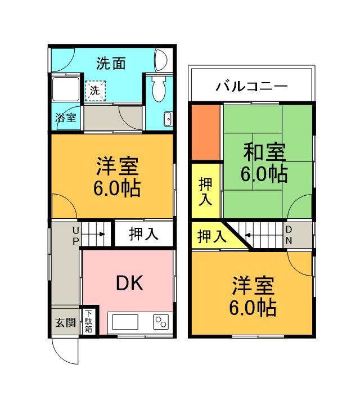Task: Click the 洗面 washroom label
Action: pyautogui.click(x=110, y=63)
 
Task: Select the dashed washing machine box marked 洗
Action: pyautogui.click(x=94, y=89)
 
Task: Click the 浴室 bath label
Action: pyautogui.click(x=66, y=118)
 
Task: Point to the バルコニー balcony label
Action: pyautogui.click(x=251, y=87)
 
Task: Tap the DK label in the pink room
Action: pyautogui.click(x=129, y=283)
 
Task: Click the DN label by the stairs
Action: pyautogui.click(x=288, y=235)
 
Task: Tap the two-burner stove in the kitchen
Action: pyautogui.click(x=161, y=322)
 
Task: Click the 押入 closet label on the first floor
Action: pyautogui.click(x=143, y=234)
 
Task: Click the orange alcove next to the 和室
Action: pyautogui.click(x=205, y=132)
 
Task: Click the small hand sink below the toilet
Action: pyautogui.click(x=167, y=119)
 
